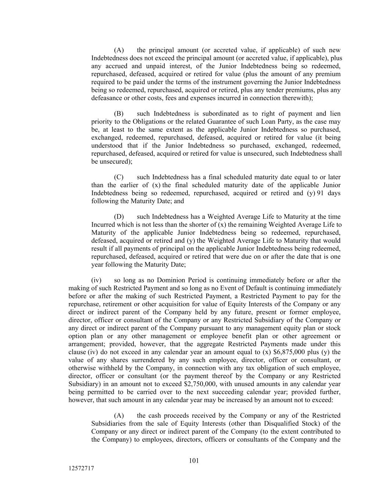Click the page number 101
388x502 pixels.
point(194,460)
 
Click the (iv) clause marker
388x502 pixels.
point(96,280)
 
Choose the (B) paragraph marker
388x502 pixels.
point(119,114)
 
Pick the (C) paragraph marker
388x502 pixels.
point(119,177)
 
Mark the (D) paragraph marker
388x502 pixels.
point(119,217)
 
